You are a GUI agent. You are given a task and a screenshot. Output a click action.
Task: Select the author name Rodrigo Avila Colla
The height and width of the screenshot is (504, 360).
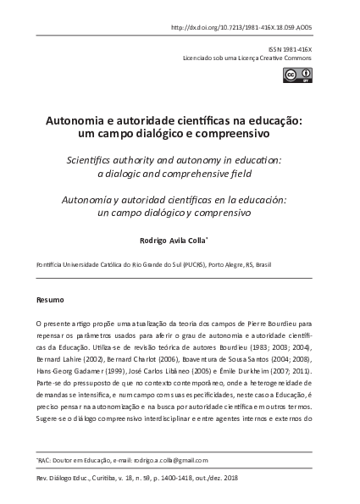tap(178, 240)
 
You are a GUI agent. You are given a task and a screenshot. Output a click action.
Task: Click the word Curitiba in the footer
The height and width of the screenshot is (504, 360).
tap(113, 478)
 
